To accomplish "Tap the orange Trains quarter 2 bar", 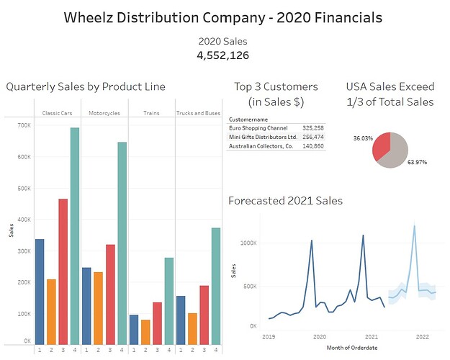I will point(145,332).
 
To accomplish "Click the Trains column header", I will point(151,113).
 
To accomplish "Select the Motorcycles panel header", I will point(104,113).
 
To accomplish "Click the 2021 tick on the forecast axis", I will point(372,336).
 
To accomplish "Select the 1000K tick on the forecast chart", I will point(248,243).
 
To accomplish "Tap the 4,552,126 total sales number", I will point(225,55).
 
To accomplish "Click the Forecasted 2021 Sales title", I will point(285,201).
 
